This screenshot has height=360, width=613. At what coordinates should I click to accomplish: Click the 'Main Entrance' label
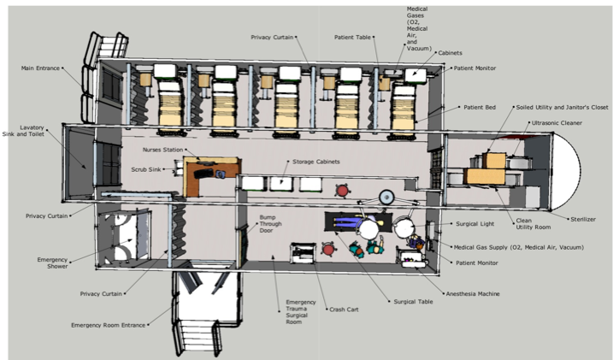(x=40, y=68)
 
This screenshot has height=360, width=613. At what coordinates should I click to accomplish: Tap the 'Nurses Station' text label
(x=162, y=150)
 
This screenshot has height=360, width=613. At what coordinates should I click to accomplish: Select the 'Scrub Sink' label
(x=146, y=169)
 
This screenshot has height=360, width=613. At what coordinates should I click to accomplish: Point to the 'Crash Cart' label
(x=344, y=310)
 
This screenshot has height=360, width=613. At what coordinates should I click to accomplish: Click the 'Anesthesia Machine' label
(x=473, y=294)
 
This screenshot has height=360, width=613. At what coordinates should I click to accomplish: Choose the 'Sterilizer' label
(x=583, y=219)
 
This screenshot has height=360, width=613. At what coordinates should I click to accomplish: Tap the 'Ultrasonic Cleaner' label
(x=557, y=123)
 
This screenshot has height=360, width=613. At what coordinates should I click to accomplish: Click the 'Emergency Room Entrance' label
(x=108, y=325)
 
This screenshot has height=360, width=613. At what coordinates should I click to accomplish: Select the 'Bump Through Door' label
(x=270, y=224)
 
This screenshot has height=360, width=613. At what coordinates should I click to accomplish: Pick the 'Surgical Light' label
(x=475, y=224)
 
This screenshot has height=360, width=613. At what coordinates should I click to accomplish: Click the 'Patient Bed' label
(x=480, y=107)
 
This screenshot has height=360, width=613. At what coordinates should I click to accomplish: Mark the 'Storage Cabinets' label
(x=315, y=162)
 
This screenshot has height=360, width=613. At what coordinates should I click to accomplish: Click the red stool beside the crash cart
(x=328, y=249)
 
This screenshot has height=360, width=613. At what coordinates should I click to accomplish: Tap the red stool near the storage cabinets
(x=343, y=191)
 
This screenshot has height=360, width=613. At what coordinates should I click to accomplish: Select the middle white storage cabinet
(x=281, y=184)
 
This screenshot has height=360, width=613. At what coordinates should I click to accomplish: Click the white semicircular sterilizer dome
(x=567, y=170)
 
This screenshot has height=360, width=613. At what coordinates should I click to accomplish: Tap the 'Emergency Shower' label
(x=52, y=263)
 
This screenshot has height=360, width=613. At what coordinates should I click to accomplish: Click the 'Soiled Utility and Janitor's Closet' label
(x=562, y=107)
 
